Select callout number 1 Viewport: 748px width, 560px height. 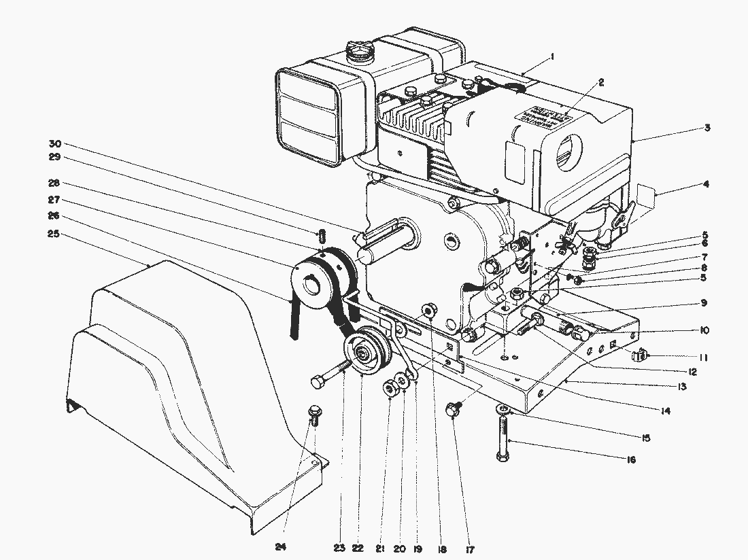(x=551, y=58)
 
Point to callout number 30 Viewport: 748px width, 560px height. (x=55, y=143)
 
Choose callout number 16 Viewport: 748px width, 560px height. (x=630, y=460)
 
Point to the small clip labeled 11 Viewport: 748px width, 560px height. (x=640, y=354)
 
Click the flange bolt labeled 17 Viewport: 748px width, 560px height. (x=453, y=410)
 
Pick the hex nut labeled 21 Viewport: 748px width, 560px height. (x=391, y=389)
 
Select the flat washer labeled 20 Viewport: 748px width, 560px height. (x=404, y=383)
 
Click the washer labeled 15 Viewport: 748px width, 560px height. (x=503, y=409)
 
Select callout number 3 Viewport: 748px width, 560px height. (x=707, y=128)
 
